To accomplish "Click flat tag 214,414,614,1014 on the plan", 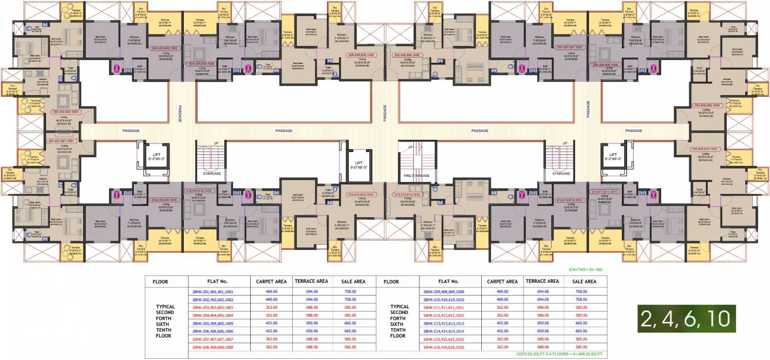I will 362,195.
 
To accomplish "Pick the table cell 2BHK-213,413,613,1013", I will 448,324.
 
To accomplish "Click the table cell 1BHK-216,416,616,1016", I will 448,347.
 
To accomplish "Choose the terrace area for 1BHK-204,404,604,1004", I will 311,316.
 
